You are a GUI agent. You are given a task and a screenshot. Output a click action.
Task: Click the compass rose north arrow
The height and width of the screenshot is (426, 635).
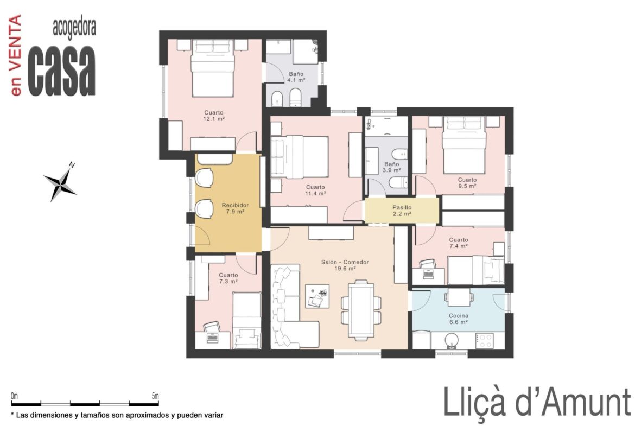61,182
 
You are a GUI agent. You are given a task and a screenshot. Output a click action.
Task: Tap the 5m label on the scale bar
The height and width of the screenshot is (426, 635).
155,396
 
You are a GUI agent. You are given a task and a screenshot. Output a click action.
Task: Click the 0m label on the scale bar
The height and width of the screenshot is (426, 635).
15,396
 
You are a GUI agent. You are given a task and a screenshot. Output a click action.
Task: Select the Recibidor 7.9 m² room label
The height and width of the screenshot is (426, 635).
235,208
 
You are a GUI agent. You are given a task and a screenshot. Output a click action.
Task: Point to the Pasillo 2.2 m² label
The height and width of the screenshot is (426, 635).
402,211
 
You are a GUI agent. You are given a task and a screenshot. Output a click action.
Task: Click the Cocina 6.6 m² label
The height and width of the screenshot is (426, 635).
459,319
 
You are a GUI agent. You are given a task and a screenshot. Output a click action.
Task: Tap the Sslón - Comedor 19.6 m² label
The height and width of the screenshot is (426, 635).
345,265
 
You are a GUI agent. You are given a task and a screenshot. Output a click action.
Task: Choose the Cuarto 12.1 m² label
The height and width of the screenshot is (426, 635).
214,116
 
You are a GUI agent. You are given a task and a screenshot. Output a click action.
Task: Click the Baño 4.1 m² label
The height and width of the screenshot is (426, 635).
296,77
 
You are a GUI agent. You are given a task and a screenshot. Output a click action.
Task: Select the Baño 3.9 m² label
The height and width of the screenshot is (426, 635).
391,167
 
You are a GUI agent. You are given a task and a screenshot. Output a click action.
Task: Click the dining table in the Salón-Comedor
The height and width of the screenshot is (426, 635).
361,310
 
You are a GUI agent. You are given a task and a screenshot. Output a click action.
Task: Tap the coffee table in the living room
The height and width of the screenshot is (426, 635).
317,296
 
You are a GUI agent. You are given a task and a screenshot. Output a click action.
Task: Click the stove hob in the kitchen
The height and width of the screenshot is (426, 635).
484,341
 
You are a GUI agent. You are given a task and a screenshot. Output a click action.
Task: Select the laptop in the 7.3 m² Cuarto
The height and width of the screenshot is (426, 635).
213,337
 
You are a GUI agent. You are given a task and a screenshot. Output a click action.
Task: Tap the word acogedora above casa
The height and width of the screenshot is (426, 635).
74,28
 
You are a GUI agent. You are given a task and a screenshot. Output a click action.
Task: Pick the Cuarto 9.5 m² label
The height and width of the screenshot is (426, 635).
467,183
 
